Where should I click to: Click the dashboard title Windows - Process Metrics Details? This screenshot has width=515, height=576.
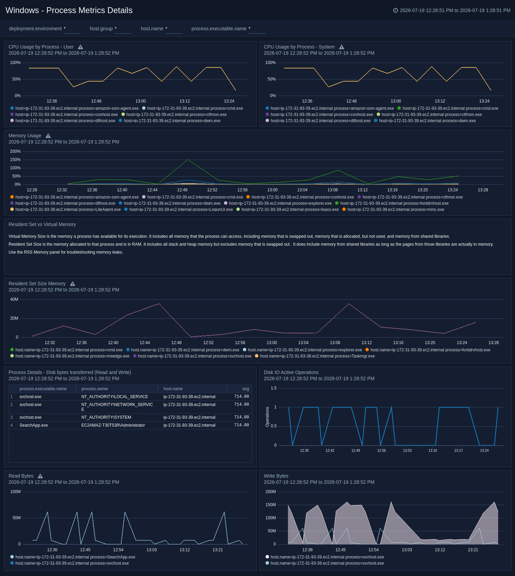point(69,10)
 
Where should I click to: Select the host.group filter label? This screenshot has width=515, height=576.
point(101,29)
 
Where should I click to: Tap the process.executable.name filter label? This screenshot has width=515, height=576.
point(219,29)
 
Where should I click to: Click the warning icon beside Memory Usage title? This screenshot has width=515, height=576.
point(48,136)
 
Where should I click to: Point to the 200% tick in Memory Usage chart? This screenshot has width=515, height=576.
point(15,151)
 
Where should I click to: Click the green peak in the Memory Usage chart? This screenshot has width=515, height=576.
point(187,160)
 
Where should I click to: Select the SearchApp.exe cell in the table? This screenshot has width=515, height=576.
point(34,425)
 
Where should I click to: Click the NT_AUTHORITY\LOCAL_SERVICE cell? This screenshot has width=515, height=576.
point(115,397)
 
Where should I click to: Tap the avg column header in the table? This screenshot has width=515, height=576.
point(246,389)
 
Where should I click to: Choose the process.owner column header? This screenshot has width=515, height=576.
point(95,389)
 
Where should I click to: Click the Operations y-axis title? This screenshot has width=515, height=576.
point(267,417)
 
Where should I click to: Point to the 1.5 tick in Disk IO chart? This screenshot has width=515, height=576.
point(273,388)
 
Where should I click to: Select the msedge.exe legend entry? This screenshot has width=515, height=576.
point(70,356)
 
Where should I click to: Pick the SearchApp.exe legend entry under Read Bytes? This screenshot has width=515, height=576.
point(73,557)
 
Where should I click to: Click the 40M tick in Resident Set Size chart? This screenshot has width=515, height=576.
point(14,299)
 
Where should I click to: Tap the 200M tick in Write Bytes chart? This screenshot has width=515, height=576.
point(271,492)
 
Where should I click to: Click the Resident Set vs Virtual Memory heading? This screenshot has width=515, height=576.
point(42,224)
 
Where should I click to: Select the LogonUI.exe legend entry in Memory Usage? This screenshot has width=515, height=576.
point(179,210)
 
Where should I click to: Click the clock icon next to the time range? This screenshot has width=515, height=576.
point(396,10)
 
